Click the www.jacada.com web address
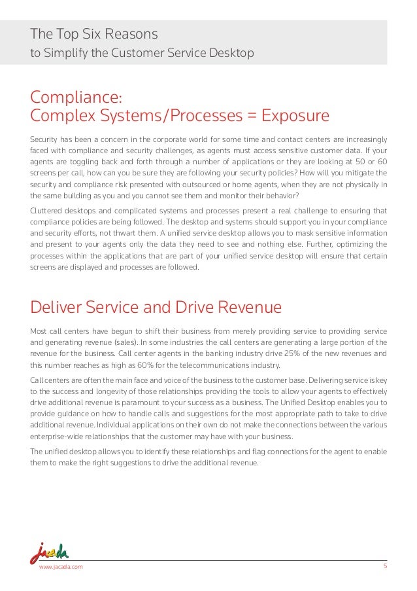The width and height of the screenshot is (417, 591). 61,567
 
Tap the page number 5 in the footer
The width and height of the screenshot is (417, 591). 385,566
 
